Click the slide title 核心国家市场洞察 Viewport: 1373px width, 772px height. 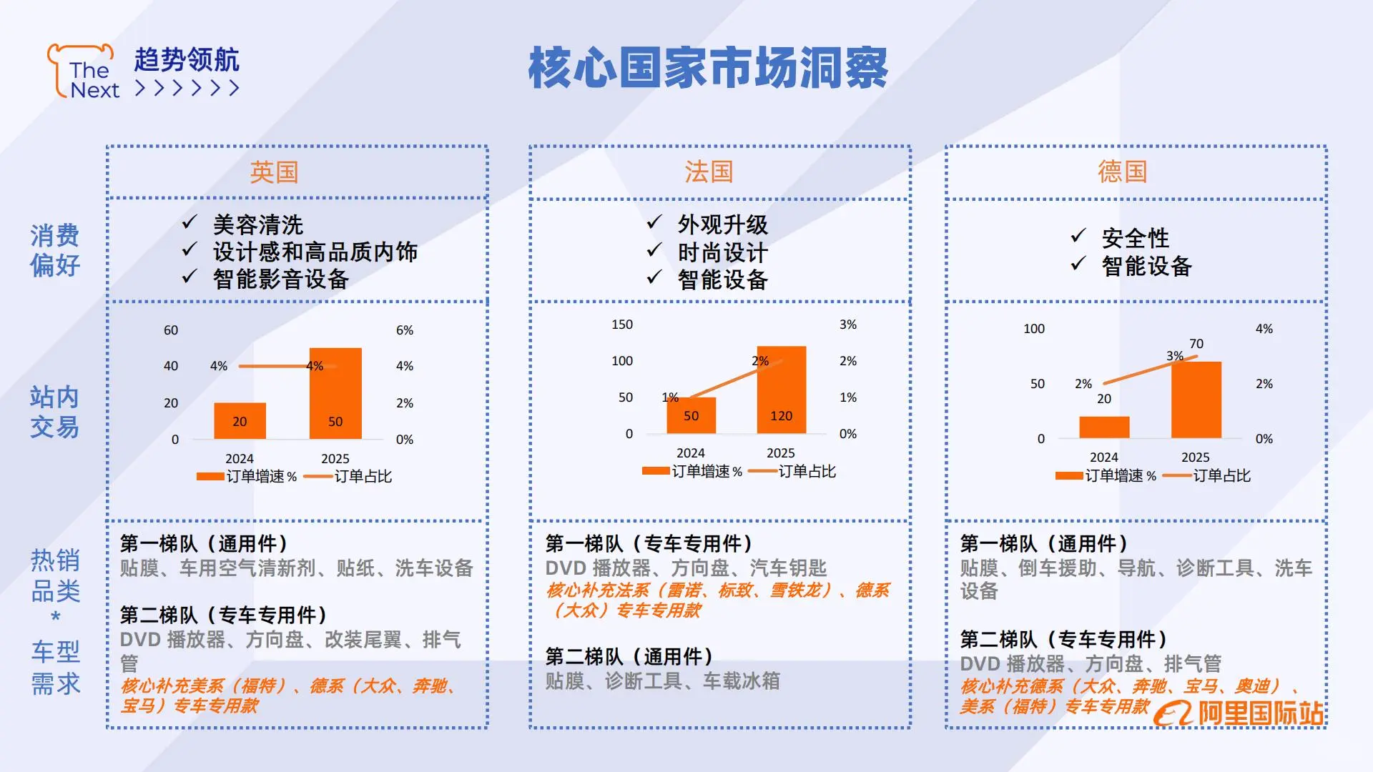(x=708, y=68)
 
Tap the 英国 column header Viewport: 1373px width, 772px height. (x=274, y=172)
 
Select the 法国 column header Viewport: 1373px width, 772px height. (x=709, y=172)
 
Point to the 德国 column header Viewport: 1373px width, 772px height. (x=1123, y=172)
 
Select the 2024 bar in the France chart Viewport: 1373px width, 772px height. (x=691, y=415)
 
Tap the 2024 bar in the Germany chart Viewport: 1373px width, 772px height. (x=1104, y=427)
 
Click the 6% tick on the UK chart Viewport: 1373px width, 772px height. (x=405, y=330)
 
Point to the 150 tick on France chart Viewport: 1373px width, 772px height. (x=622, y=325)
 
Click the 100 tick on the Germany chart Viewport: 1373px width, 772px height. (x=1034, y=329)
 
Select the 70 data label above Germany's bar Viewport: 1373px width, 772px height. (x=1196, y=344)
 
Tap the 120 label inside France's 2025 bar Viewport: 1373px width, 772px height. (x=781, y=416)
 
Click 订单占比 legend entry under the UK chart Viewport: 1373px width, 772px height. (x=363, y=476)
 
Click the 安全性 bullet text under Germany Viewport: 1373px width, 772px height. (x=1136, y=238)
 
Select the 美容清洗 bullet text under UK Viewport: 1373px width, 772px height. (x=258, y=225)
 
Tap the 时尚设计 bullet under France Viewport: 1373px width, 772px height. (x=722, y=252)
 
